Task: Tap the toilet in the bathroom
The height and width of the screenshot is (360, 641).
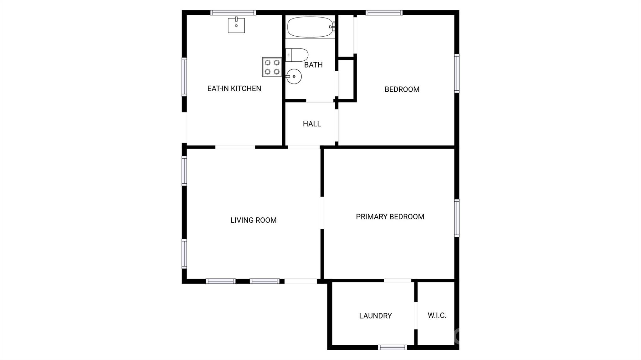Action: point(297,55)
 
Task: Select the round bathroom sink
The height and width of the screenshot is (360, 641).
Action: point(294,77)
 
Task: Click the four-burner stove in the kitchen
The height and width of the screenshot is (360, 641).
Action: point(272,67)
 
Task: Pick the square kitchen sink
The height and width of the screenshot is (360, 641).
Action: point(236,25)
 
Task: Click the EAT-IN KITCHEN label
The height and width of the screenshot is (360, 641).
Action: point(234,89)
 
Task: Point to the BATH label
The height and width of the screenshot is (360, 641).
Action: point(313,65)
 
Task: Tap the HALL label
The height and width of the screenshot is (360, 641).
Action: point(312,124)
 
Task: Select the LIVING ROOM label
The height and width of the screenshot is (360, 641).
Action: point(254,220)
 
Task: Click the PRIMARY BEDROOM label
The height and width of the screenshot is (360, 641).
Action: point(390,217)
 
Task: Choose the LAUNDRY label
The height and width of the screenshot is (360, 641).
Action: point(375,316)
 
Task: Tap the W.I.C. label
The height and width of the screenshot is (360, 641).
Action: point(437,315)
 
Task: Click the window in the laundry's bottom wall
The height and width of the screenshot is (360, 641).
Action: point(392,347)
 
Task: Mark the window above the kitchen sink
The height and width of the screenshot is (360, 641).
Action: point(233,13)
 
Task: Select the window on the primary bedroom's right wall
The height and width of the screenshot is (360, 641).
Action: point(457,218)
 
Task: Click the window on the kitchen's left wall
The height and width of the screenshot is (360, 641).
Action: point(184,77)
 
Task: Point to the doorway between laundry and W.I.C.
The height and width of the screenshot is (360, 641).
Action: point(416,315)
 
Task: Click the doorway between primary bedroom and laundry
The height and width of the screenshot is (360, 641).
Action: point(397,281)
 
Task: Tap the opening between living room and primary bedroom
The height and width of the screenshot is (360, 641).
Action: point(322,213)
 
